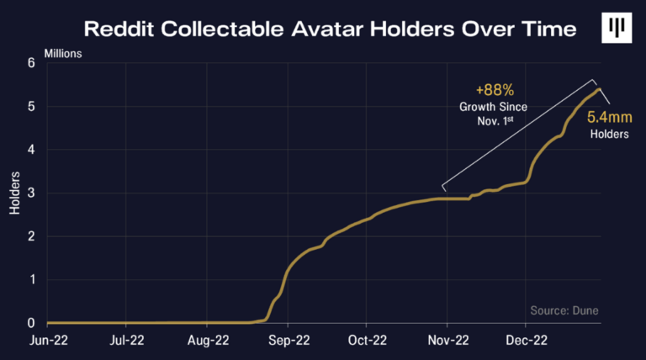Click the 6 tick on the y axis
31,63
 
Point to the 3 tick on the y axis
31,193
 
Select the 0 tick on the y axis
31,323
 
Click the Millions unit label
80,55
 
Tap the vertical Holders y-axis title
15,193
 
